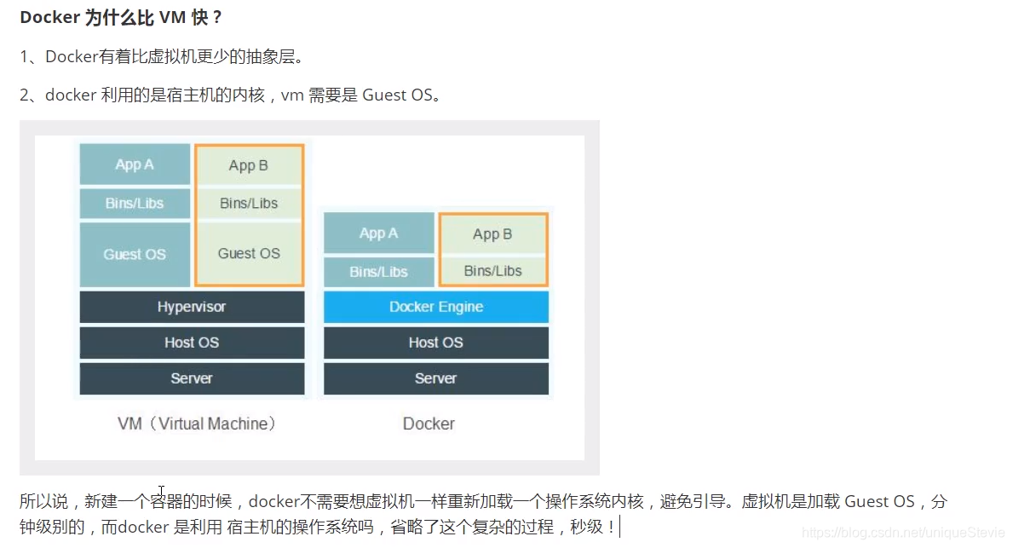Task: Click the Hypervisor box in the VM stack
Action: (192, 307)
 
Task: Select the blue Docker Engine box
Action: (435, 307)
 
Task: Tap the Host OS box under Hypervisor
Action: (192, 343)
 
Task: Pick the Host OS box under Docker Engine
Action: (435, 343)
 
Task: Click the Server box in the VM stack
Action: (192, 378)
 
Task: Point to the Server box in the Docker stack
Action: (435, 378)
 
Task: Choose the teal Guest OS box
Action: (135, 254)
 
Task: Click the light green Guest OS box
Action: (249, 253)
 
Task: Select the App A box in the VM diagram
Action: (135, 164)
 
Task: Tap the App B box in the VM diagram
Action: (249, 165)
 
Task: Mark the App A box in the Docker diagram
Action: (378, 233)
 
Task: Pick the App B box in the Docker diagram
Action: (492, 234)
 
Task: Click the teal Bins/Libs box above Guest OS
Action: (135, 204)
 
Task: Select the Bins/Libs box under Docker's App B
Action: (492, 271)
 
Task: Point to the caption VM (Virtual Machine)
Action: (197, 424)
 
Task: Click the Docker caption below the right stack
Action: (429, 424)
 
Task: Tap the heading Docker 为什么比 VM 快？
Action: (121, 18)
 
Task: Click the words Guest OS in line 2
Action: (397, 95)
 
